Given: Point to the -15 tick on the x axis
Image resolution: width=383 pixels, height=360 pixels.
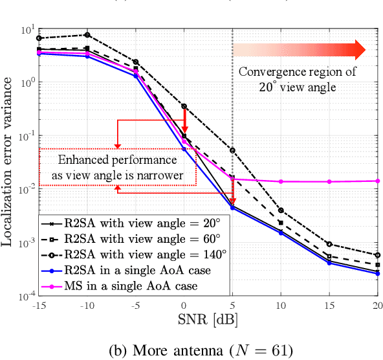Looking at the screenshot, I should click(x=39, y=306).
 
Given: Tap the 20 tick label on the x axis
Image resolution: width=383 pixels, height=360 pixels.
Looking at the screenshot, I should click(x=377, y=306).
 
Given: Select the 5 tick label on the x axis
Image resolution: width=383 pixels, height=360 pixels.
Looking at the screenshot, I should click(x=233, y=306).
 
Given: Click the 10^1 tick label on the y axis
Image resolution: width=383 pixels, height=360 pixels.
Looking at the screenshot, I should click(x=25, y=30).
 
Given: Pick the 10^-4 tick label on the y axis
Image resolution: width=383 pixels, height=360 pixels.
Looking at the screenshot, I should click(x=25, y=295).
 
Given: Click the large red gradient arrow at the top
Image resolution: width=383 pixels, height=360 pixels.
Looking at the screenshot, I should click(x=300, y=50).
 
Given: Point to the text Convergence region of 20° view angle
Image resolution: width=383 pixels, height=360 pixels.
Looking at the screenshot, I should click(x=287, y=80).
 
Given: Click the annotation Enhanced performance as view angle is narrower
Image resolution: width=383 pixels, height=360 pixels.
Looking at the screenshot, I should click(x=118, y=167).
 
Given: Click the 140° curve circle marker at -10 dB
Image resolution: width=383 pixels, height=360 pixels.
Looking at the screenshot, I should click(x=88, y=35).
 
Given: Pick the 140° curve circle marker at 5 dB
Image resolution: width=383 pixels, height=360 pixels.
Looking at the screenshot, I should click(x=233, y=150).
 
